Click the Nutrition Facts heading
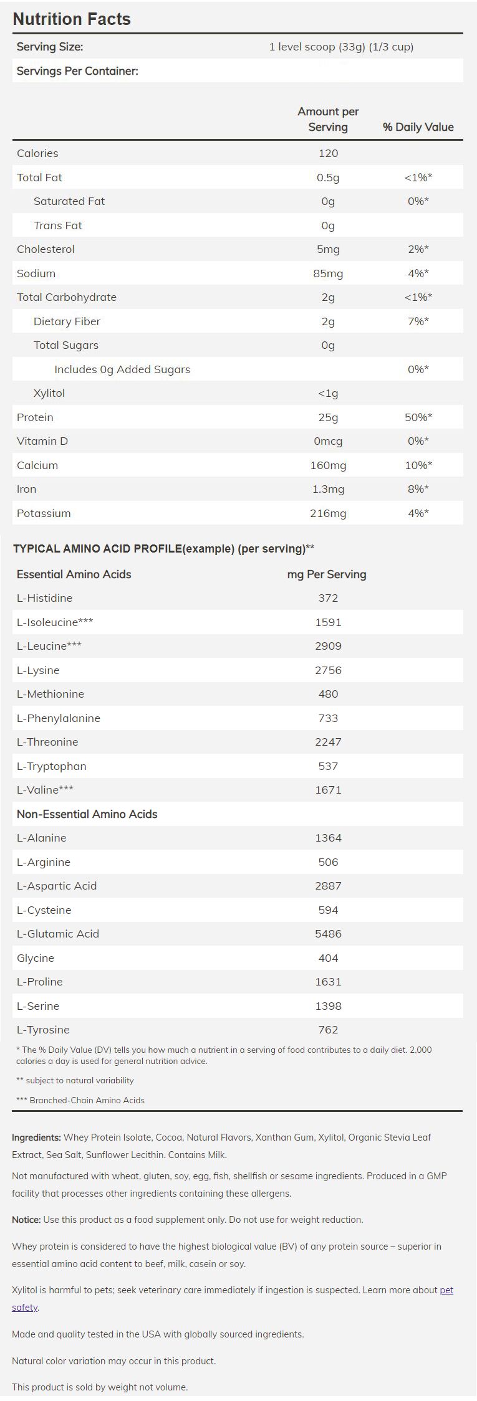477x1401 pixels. click(72, 19)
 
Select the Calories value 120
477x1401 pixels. click(328, 153)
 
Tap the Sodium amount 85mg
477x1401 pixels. click(328, 273)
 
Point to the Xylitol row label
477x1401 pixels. click(49, 393)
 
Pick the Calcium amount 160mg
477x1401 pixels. click(328, 465)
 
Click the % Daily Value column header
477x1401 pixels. click(418, 127)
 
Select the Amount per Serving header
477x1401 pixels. click(328, 119)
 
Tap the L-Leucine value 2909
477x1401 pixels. click(328, 646)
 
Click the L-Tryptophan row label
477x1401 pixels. click(52, 766)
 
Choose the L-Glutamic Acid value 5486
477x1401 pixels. click(328, 934)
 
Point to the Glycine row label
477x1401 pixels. click(36, 958)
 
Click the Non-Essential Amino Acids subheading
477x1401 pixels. click(87, 814)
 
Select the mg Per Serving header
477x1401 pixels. click(327, 574)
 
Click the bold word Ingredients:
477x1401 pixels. click(36, 1137)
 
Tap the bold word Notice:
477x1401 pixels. click(26, 1220)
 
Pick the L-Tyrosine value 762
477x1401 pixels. click(328, 1030)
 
